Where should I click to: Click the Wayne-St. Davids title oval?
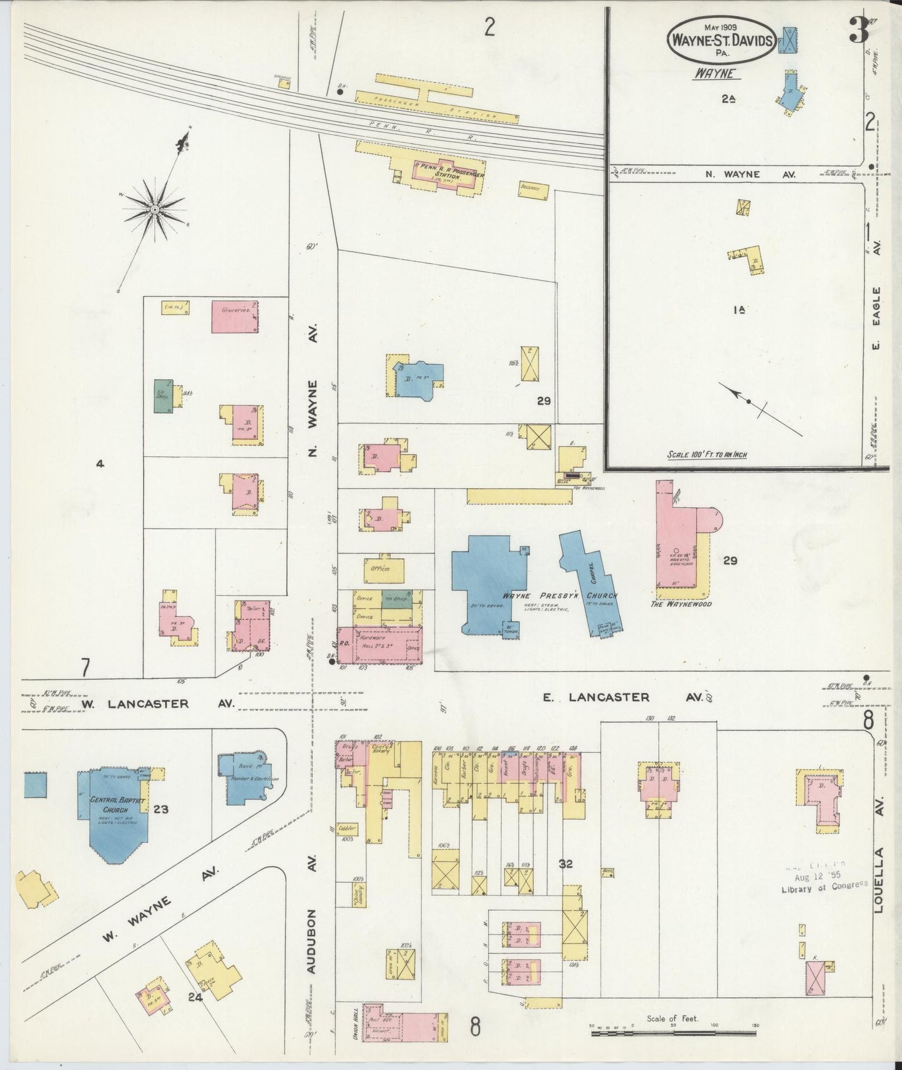coord(721,39)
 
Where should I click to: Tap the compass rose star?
coord(154,209)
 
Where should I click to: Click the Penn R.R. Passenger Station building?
coord(441,170)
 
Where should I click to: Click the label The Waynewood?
coord(681,604)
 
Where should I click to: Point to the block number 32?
coord(566,864)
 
